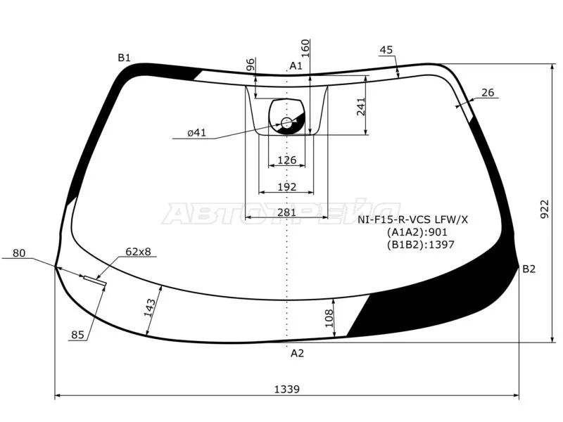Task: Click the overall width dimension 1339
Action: click(x=286, y=389)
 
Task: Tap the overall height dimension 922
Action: click(x=545, y=209)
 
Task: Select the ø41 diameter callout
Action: click(x=197, y=132)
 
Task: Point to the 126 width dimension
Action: click(x=287, y=160)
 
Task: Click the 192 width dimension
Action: click(x=287, y=186)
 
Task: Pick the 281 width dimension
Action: click(x=286, y=212)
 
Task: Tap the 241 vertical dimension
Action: click(x=360, y=107)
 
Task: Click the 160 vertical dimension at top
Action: click(x=305, y=49)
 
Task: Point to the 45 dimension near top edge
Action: click(x=386, y=49)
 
